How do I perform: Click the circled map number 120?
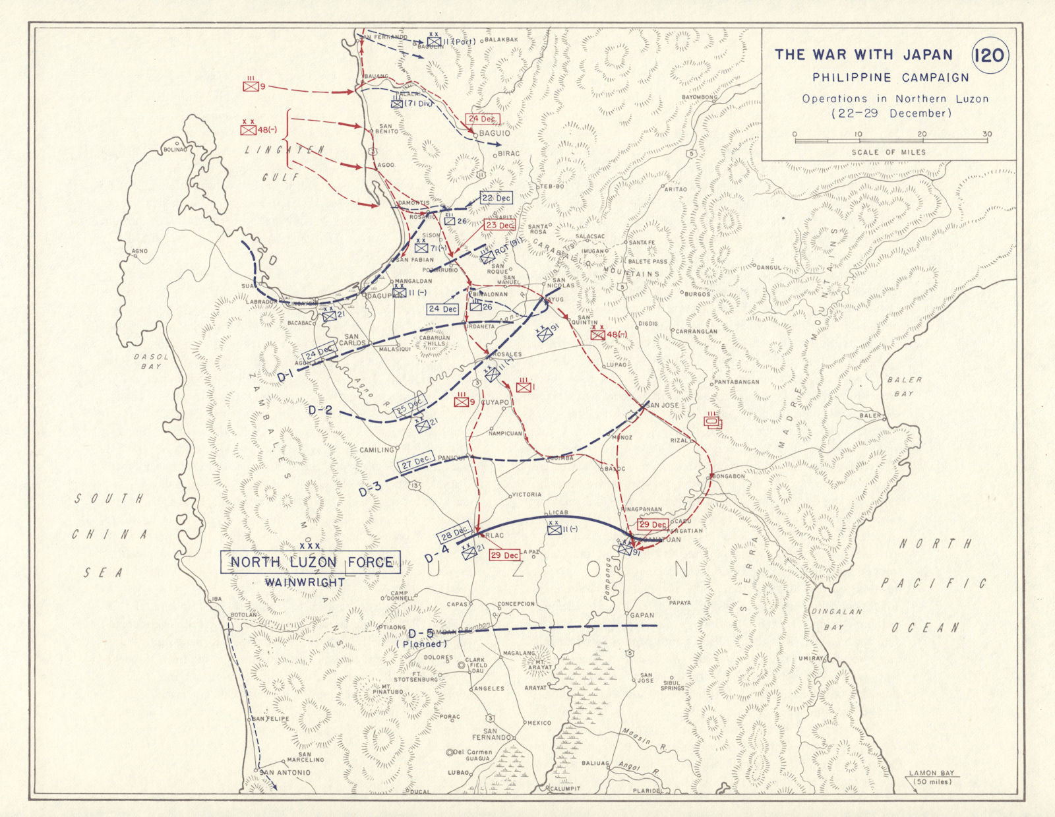990,54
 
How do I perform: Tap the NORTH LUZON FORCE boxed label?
311,562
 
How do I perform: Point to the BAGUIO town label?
495,133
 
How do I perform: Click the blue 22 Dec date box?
497,198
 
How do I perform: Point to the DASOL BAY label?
152,361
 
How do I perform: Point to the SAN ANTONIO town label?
286,772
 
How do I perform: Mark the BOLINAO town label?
175,150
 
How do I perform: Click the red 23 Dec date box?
500,225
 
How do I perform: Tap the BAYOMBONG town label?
699,98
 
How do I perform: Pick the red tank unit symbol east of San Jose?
713,420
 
